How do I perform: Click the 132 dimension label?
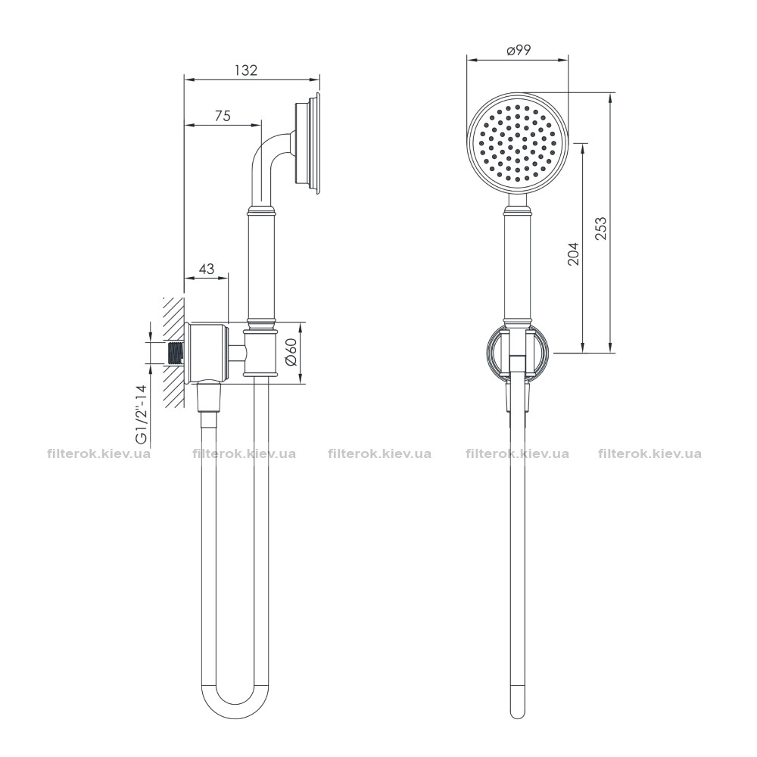coord(246,70)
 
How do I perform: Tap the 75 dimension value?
coord(223,116)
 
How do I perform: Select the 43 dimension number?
coord(207,269)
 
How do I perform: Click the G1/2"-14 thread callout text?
coord(142,414)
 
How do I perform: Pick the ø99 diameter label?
coord(519,50)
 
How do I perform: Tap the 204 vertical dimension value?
coord(573,254)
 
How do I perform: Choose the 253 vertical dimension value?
coord(600,229)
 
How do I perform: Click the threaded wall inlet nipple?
coord(176,353)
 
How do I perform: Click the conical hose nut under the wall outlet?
coord(210,397)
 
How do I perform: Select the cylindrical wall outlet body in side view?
coord(207,353)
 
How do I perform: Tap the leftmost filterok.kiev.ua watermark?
coord(98,454)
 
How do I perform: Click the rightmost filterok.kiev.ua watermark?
coord(650,454)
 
